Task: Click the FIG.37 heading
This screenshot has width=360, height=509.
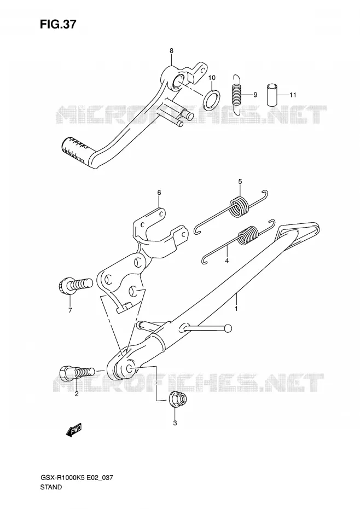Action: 58,24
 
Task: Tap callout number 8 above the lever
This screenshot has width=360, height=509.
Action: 171,51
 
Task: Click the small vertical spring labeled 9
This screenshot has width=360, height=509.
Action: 237,95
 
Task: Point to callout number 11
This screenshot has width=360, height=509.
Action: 293,95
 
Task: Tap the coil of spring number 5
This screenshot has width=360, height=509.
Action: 239,206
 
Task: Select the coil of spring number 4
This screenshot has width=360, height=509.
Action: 248,235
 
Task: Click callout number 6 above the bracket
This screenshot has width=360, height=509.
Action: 159,193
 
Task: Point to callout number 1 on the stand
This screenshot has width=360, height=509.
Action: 236,308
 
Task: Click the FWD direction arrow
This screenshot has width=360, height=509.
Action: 73,430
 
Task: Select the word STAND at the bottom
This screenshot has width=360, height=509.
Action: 51,487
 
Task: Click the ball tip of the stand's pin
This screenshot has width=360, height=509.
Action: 229,328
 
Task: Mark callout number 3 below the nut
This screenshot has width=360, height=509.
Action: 175,423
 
